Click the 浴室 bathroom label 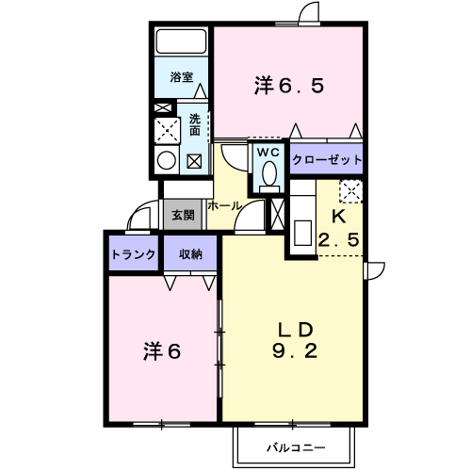point(182,77)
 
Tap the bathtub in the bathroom point(182,41)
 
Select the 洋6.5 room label point(289,86)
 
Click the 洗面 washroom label point(195,124)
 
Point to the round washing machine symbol point(167,160)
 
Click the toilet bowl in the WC point(269,173)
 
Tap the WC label point(268,153)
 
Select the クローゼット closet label point(327,160)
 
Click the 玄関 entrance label point(183,216)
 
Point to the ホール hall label point(225,206)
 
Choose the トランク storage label point(134,254)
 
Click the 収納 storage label point(190,254)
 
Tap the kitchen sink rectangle point(302,233)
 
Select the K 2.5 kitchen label point(339,228)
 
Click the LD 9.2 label point(295,340)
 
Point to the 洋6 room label point(162,351)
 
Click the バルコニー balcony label point(296,447)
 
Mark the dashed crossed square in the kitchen point(351,191)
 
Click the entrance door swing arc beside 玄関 point(134,210)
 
